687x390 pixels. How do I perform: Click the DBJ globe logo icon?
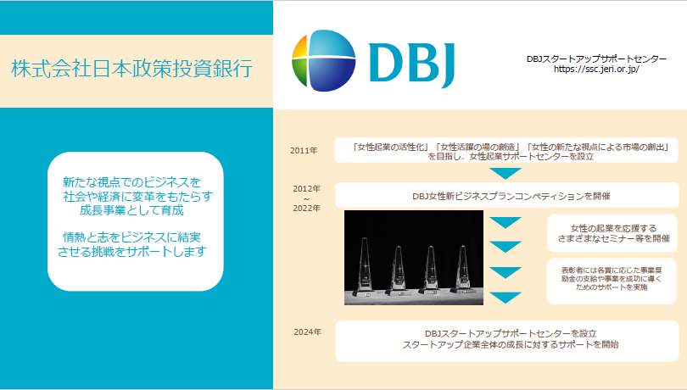coord(324,60)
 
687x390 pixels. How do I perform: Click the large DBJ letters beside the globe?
coord(412,63)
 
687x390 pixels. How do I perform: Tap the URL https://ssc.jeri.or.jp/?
coord(596,70)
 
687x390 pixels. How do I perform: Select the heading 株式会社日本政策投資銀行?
coord(131,69)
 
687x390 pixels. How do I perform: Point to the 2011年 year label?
coord(304,150)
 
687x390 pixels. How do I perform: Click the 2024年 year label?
coord(308,332)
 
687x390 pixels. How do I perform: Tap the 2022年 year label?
coord(307,209)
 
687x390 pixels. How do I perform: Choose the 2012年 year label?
coord(307,189)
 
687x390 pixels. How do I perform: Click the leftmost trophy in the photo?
coord(365,265)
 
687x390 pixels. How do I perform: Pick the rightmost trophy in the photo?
coord(463,269)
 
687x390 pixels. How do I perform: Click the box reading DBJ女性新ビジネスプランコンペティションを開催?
coord(507,195)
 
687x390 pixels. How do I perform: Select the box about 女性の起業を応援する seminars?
coord(612,233)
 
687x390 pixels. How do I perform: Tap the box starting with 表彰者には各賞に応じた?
coord(612,281)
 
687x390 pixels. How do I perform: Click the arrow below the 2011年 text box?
coord(505,173)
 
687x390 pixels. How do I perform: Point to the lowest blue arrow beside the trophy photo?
coord(505,298)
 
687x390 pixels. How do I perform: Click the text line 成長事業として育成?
coord(131,210)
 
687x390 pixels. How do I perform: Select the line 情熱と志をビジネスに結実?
coord(131,237)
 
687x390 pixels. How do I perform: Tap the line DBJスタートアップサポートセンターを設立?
coord(511,334)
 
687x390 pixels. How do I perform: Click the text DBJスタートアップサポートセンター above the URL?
coord(596,59)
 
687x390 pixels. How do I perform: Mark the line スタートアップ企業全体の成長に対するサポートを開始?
coord(511,345)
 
